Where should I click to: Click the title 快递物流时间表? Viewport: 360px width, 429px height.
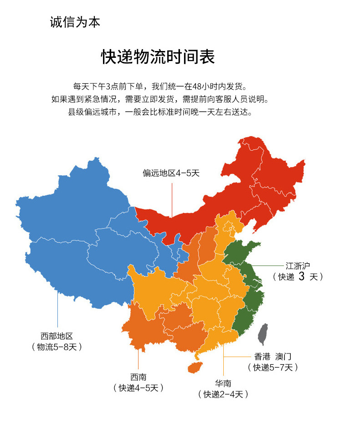(158, 57)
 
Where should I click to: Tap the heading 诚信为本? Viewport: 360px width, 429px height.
(75, 22)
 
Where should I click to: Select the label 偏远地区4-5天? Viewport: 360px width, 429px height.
(171, 173)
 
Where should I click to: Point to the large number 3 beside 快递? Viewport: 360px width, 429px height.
(301, 276)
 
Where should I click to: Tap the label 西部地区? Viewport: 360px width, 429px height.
(57, 336)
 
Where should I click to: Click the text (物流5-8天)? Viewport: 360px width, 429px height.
(57, 347)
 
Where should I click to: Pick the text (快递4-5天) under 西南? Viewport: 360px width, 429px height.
(138, 388)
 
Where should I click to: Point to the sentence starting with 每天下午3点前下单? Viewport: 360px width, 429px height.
(162, 86)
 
